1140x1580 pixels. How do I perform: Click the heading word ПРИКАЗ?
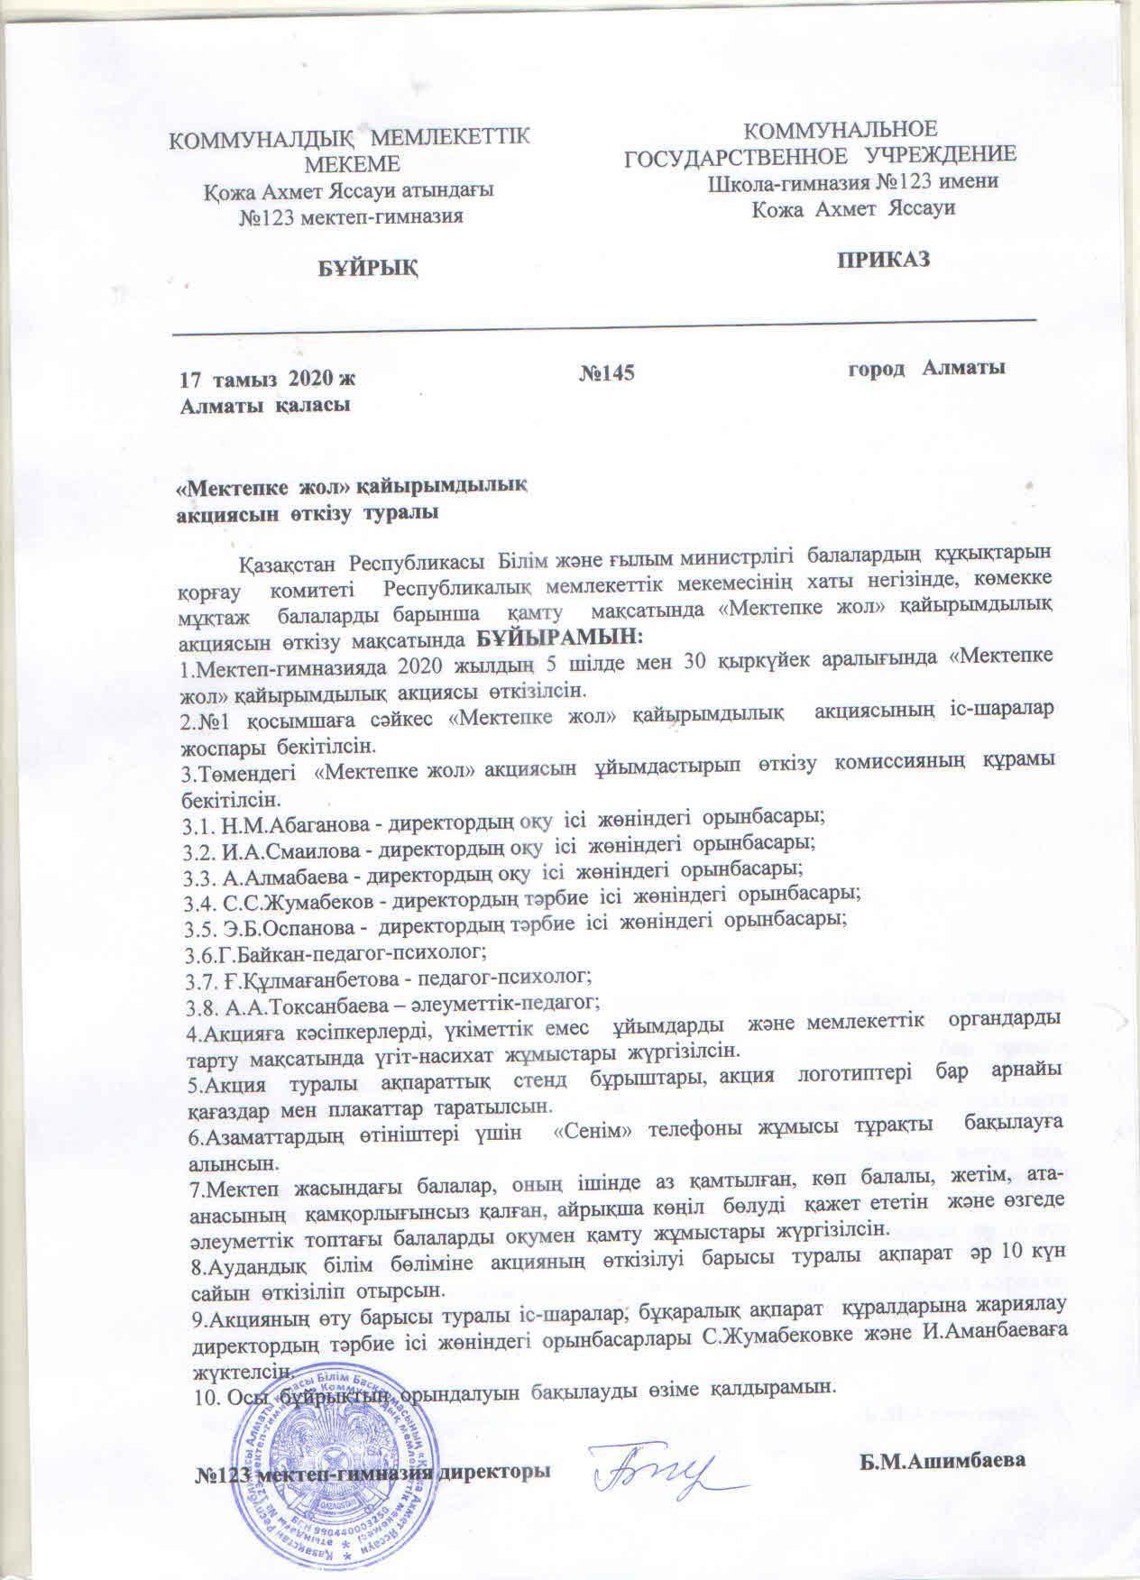(x=883, y=260)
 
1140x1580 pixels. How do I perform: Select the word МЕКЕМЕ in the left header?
(x=352, y=163)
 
